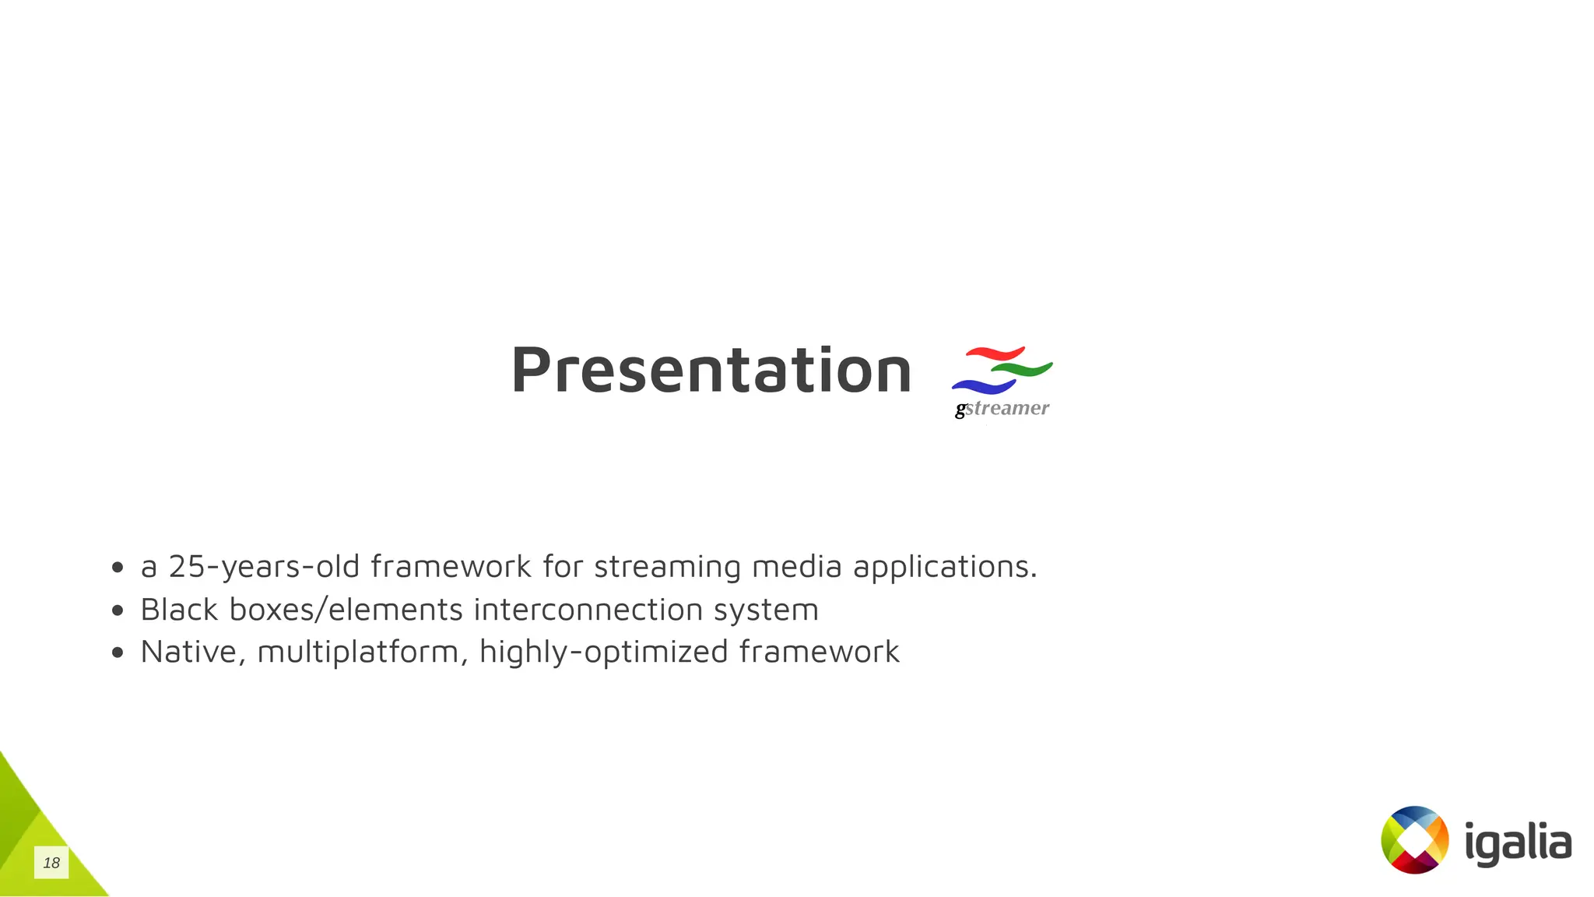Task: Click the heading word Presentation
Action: coord(711,371)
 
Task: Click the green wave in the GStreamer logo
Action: coord(1023,369)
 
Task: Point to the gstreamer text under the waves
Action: coord(1002,408)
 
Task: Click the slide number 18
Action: coord(51,863)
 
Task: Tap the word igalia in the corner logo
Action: coord(1518,842)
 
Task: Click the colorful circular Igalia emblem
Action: coord(1414,839)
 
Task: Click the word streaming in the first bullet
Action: coord(667,567)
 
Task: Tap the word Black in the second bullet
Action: coord(179,610)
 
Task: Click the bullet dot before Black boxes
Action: coord(118,610)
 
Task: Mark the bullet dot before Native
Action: coord(118,653)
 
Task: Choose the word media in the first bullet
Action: coord(796,567)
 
